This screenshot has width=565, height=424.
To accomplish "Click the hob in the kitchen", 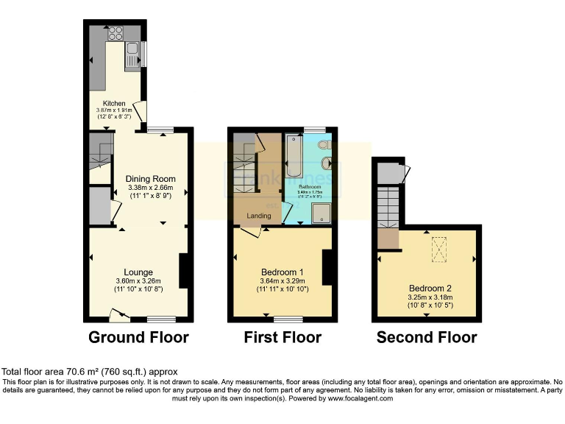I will (x=115, y=33).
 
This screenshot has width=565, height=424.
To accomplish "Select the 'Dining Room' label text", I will (x=150, y=178).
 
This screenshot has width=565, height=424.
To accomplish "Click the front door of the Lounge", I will (x=118, y=316).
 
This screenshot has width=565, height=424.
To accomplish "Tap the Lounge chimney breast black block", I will (x=185, y=271).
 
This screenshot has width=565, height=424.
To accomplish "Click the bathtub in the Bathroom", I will (x=292, y=155).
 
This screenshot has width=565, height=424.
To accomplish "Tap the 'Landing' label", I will (x=258, y=216).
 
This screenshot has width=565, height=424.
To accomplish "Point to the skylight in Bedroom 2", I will (x=440, y=250).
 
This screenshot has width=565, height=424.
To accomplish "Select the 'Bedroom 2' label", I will (x=427, y=288).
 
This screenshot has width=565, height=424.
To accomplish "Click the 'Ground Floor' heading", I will (x=138, y=338).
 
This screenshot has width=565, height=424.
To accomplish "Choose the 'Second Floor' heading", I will (x=427, y=338).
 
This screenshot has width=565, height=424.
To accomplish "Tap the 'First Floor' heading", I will (x=282, y=338).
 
